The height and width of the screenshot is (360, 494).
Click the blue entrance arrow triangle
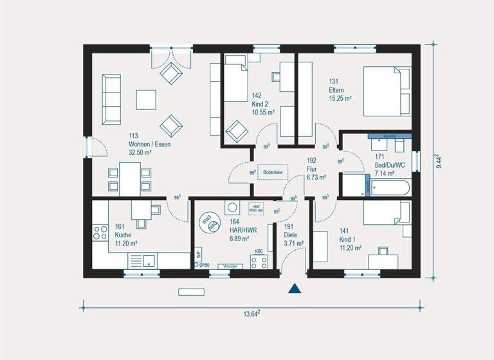pos(295,289)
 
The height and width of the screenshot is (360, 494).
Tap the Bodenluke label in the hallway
pos(273,172)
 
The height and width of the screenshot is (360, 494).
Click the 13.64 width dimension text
pos(251,314)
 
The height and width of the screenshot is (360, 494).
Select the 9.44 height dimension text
pos(439,161)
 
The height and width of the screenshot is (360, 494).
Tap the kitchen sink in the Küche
pos(148,260)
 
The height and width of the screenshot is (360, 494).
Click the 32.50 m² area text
pos(140,152)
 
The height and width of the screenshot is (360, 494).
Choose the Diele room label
pos(291,235)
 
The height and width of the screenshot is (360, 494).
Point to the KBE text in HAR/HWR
pos(259,251)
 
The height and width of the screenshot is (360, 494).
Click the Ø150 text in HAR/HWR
pos(205,265)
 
